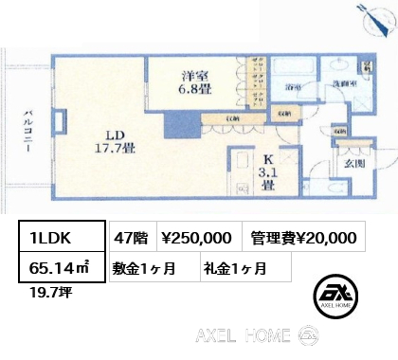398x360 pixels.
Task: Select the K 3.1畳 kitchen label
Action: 268,172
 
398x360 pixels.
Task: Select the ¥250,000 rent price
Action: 196,239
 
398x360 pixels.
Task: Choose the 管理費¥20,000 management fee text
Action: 303,239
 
